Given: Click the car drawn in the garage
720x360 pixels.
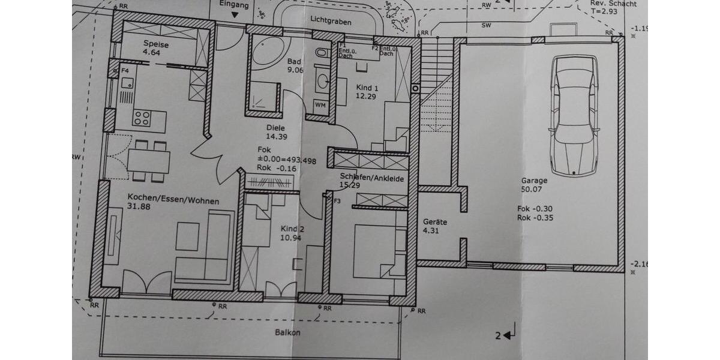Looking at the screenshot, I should point(575,115).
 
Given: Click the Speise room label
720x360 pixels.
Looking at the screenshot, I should point(155,44).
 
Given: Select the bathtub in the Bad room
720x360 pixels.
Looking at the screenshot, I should point(268,53).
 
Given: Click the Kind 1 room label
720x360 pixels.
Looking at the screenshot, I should point(367,86).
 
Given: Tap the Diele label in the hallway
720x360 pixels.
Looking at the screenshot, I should point(275,127).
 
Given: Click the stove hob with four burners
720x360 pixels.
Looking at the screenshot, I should point(142,118).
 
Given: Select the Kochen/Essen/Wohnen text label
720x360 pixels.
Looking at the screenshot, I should point(173,201).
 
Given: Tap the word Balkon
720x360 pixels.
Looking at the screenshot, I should point(287,332).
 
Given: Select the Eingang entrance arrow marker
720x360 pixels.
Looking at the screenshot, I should point(233,12).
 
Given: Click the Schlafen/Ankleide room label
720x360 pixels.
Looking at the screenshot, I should point(371,178).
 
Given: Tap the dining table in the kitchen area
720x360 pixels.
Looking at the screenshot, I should point(148,161).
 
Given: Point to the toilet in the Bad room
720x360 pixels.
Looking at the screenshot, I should point(323,55).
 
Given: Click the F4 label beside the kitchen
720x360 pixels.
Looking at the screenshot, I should point(125,71).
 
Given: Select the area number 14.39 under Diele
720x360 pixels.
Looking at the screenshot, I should point(276,136).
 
